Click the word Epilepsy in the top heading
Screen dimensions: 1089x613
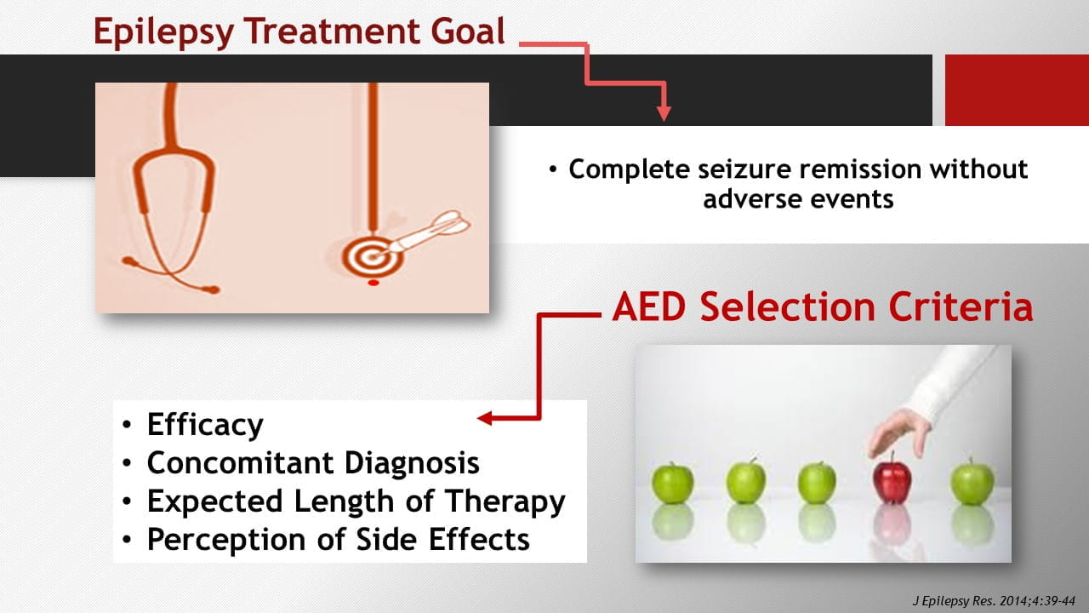click(x=164, y=32)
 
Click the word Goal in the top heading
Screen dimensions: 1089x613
click(x=468, y=31)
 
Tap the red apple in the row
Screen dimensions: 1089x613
click(x=892, y=479)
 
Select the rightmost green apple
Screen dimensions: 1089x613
click(x=972, y=483)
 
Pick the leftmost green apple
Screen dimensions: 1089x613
click(x=672, y=483)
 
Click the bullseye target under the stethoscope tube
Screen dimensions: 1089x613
click(x=372, y=256)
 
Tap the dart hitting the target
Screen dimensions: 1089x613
click(x=427, y=232)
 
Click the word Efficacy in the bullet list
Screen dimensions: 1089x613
click(x=205, y=425)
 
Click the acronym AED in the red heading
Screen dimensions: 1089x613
click(x=648, y=307)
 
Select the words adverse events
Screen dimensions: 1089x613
click(x=798, y=199)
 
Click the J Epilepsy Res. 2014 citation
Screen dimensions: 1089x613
click(x=994, y=601)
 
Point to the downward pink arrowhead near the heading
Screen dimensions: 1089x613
click(x=664, y=113)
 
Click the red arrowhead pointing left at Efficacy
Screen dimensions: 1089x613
click(x=485, y=418)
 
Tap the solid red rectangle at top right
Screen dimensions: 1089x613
click(x=1017, y=90)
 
